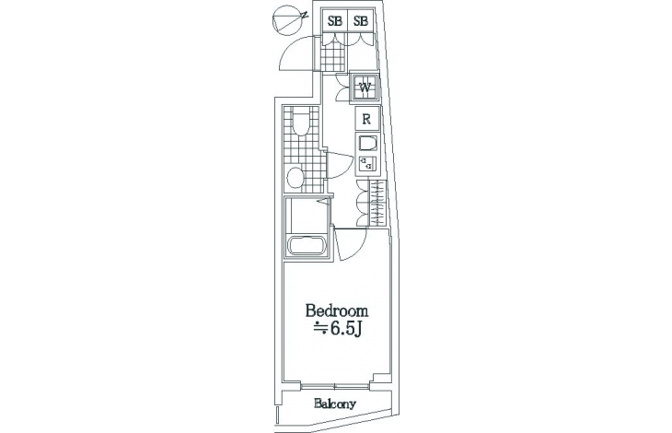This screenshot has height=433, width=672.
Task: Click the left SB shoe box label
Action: [335, 21]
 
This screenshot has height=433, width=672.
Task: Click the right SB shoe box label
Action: [361, 21]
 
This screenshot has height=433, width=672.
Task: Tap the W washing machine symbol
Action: [365, 88]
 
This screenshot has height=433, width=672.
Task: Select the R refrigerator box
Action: [367, 119]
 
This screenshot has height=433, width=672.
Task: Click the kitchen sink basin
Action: [367, 144]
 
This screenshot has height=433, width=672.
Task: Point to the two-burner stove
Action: [367, 164]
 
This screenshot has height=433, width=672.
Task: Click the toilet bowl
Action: [300, 123]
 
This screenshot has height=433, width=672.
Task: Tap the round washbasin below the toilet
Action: [295, 177]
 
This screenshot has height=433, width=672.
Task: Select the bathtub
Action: [306, 245]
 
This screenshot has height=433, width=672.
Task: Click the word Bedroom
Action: [337, 310]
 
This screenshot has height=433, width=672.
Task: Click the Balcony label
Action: [335, 404]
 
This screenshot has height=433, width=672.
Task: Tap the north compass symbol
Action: [290, 19]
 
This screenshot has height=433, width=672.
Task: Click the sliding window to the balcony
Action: [335, 385]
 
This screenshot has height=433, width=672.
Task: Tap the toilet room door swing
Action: [339, 166]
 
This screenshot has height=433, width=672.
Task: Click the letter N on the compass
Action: [305, 15]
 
